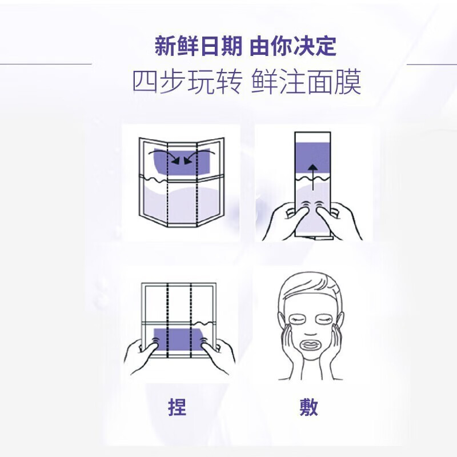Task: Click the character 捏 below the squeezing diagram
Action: point(178,407)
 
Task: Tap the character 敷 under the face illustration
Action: point(309,407)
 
